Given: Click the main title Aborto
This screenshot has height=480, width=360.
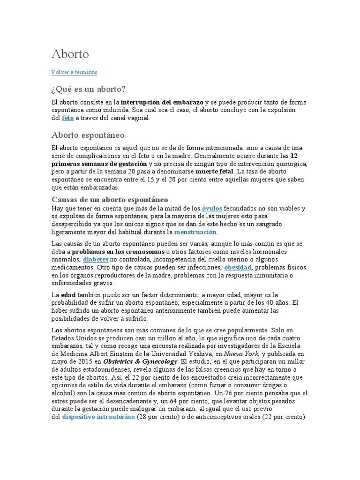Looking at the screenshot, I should (70, 54).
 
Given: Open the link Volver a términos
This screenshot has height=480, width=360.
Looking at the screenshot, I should (74, 72).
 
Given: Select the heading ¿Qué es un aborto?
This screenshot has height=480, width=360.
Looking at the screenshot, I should (89, 89).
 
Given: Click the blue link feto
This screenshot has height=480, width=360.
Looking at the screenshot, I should (67, 118).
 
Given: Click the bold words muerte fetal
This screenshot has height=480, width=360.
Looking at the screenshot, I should (213, 172).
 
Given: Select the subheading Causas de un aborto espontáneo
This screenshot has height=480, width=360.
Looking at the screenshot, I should (110, 200).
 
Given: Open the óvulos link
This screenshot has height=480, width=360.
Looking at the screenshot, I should (212, 208).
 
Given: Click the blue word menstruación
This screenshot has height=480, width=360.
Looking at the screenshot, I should (195, 232).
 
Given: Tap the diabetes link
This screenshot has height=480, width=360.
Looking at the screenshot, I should (96, 259).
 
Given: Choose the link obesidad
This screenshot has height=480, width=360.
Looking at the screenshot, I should (238, 267).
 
